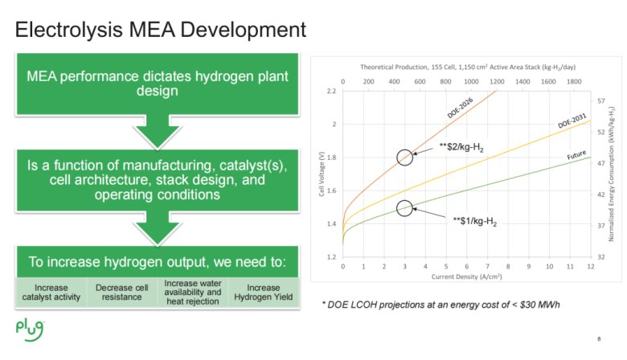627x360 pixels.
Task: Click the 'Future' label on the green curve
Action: pyautogui.click(x=576, y=154)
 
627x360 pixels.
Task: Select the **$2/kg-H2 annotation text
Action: pyautogui.click(x=461, y=148)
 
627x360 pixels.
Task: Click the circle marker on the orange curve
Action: pyautogui.click(x=405, y=157)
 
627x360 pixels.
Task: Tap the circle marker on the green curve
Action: pyautogui.click(x=405, y=208)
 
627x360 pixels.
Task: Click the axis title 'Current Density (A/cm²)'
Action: pyautogui.click(x=466, y=276)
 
